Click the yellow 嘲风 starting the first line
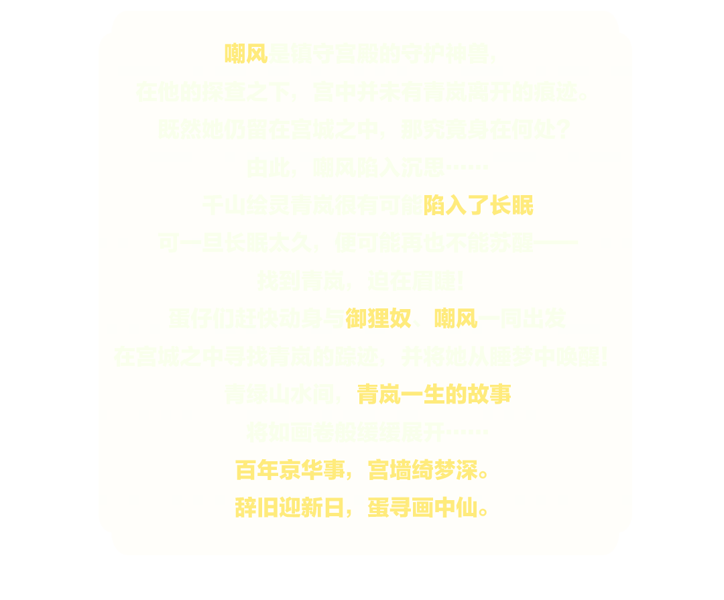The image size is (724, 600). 245,54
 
